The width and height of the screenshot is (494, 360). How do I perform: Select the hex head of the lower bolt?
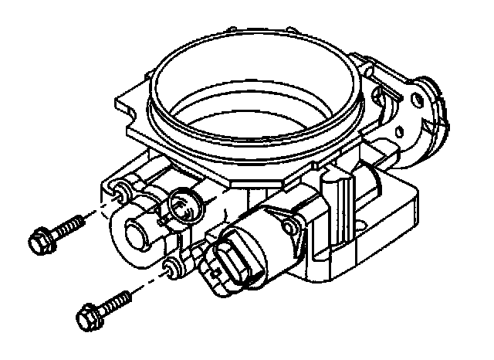pyautogui.click(x=88, y=314)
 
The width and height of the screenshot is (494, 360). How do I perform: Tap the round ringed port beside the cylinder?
pyautogui.click(x=184, y=204)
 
